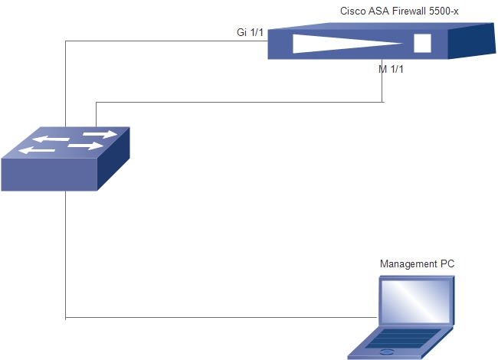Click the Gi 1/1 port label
tap(250, 32)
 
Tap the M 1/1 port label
tap(391, 69)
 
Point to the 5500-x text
tap(444, 11)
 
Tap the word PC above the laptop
tap(447, 263)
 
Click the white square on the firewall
tap(422, 43)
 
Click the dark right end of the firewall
tap(472, 41)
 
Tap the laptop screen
tap(416, 301)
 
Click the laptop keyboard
tap(403, 339)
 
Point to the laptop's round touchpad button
tap(387, 352)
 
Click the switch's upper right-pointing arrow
tap(100, 134)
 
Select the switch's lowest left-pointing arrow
tap(37, 150)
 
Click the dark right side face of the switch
tap(113, 159)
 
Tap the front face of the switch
tap(49, 175)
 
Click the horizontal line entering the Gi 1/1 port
tap(167, 41)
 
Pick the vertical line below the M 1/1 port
tap(382, 80)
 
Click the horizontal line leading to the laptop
tap(221, 317)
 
